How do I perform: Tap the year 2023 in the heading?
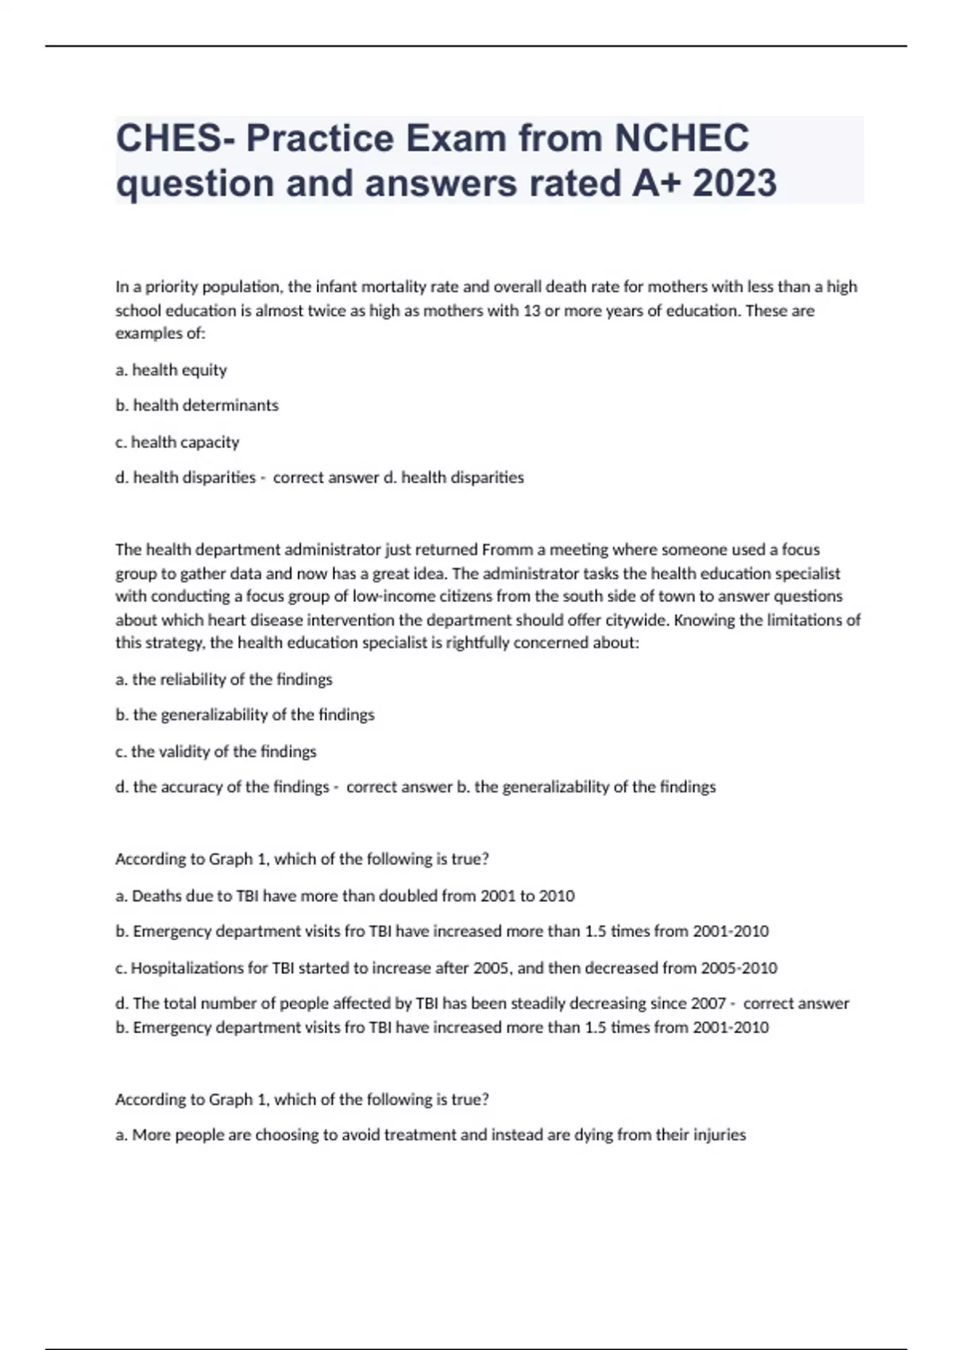[735, 183]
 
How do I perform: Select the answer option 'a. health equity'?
[171, 370]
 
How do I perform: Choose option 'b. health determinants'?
[197, 406]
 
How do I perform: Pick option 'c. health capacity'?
[177, 442]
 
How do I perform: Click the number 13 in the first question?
[531, 310]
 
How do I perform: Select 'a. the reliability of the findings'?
[224, 680]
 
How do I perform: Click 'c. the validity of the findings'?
[216, 751]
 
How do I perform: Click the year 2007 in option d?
[708, 1004]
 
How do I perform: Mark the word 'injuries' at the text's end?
[718, 1135]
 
